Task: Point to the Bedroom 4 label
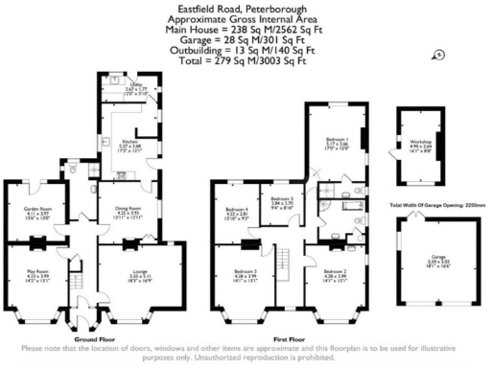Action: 236,212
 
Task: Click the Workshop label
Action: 420,143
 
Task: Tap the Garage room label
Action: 420,259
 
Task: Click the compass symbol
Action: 439,56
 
